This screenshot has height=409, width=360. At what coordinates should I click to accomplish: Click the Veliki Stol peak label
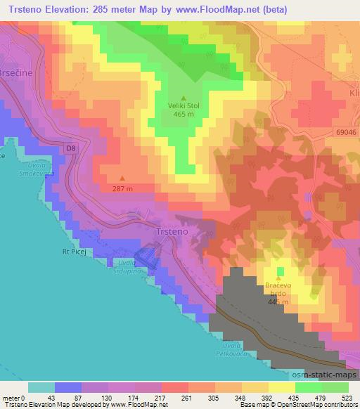pyautogui.click(x=184, y=106)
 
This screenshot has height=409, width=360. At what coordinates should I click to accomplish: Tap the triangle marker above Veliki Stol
pyautogui.click(x=184, y=98)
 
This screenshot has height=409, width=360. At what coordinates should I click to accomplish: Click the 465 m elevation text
pyautogui.click(x=184, y=115)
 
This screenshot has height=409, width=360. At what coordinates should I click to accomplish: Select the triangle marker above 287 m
pyautogui.click(x=123, y=178)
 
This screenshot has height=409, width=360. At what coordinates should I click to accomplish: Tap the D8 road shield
pyautogui.click(x=69, y=148)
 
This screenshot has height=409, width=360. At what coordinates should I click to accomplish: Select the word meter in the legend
pyautogui.click(x=10, y=398)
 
